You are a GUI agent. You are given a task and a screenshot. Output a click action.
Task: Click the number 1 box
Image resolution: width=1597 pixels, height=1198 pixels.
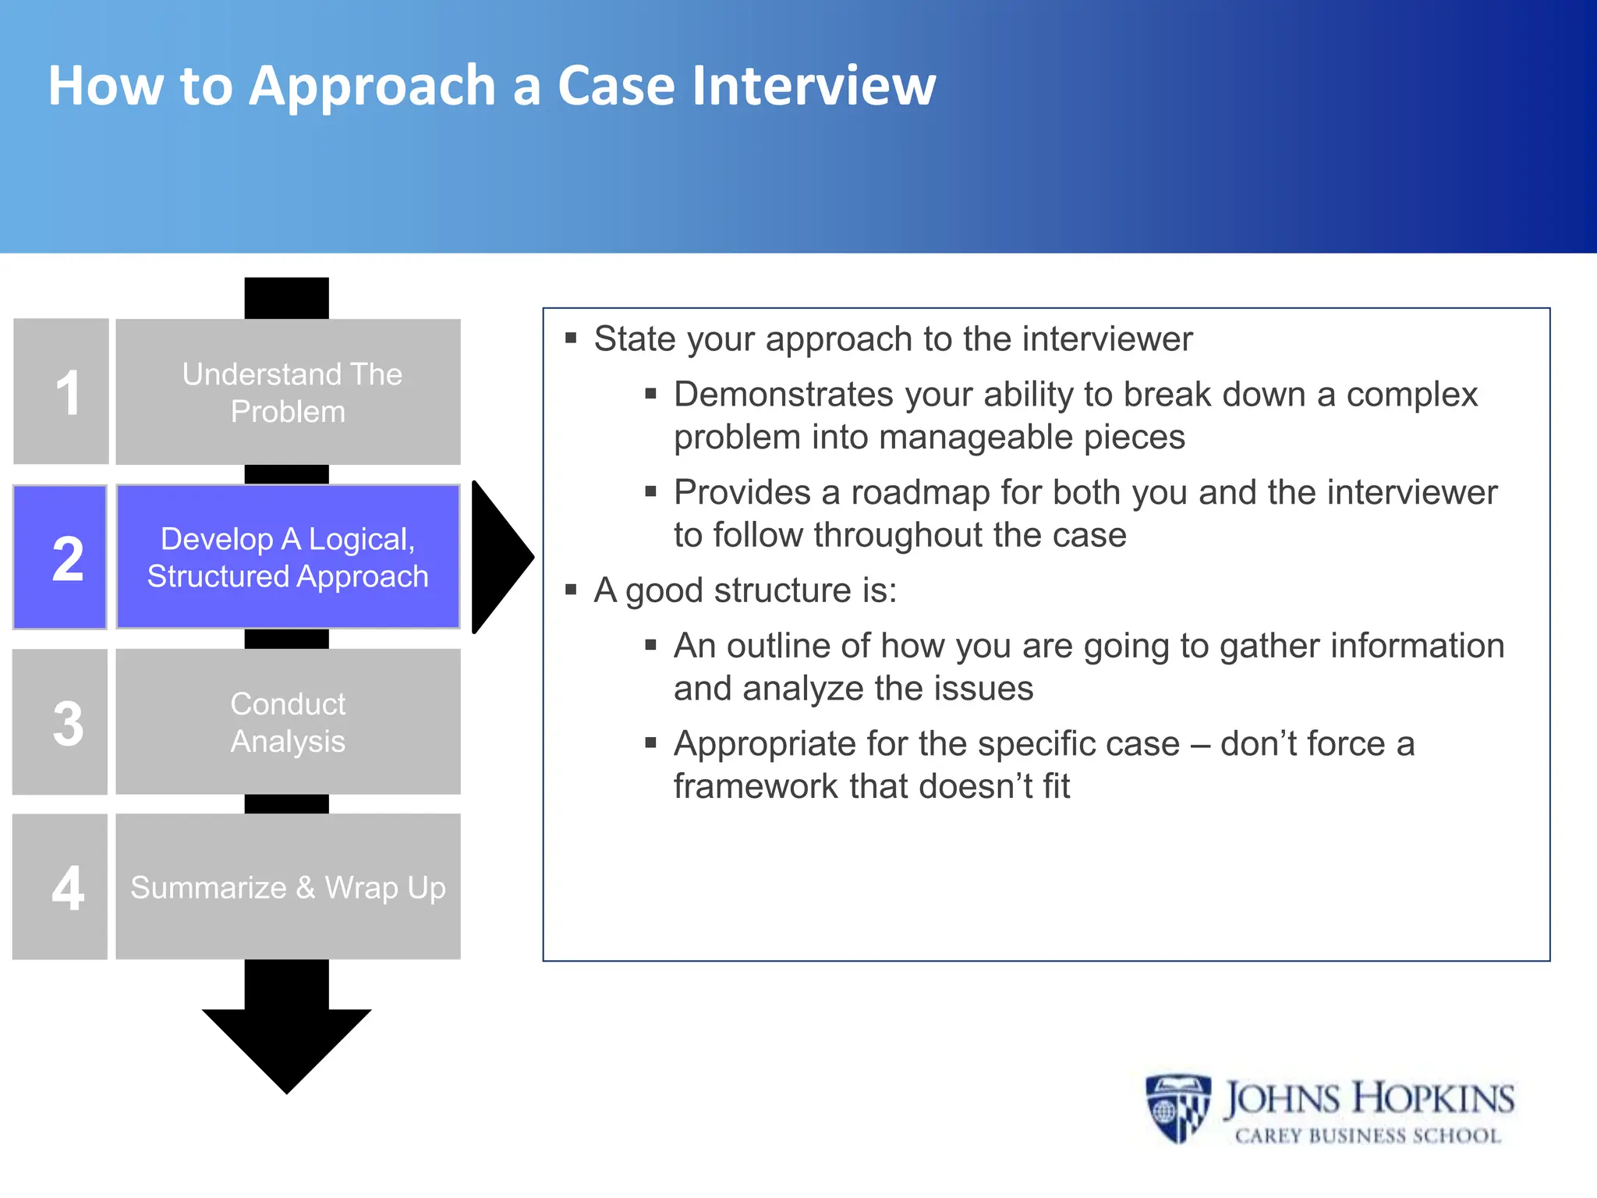(x=61, y=392)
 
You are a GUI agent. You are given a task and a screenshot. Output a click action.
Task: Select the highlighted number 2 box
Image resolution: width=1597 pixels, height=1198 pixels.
(x=60, y=557)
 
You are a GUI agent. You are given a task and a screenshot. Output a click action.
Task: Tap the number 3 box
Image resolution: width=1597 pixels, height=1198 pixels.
(x=60, y=722)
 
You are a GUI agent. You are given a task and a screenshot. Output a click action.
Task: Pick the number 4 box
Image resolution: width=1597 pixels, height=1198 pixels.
(x=60, y=887)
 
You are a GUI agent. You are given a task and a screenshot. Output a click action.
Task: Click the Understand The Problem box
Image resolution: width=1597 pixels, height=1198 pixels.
(x=289, y=392)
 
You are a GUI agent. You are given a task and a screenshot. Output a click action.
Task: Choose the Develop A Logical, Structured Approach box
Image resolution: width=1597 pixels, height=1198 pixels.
(x=289, y=557)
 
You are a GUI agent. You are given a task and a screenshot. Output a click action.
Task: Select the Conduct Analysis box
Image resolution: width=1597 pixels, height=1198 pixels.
(x=289, y=722)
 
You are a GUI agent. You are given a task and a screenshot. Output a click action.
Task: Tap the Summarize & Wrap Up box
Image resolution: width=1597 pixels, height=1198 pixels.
(x=289, y=887)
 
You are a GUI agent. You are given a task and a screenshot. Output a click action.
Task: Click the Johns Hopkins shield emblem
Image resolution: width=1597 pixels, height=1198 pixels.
(x=1177, y=1108)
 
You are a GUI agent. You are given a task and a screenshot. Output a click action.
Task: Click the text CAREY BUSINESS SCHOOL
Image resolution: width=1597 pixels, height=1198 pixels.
(x=1368, y=1136)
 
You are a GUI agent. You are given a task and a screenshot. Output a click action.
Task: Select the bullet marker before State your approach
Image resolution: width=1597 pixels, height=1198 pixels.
(x=571, y=338)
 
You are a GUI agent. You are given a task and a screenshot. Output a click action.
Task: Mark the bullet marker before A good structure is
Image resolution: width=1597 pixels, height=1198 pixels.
(x=571, y=590)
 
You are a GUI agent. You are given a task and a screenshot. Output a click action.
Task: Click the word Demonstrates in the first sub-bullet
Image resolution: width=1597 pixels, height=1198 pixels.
(x=783, y=395)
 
